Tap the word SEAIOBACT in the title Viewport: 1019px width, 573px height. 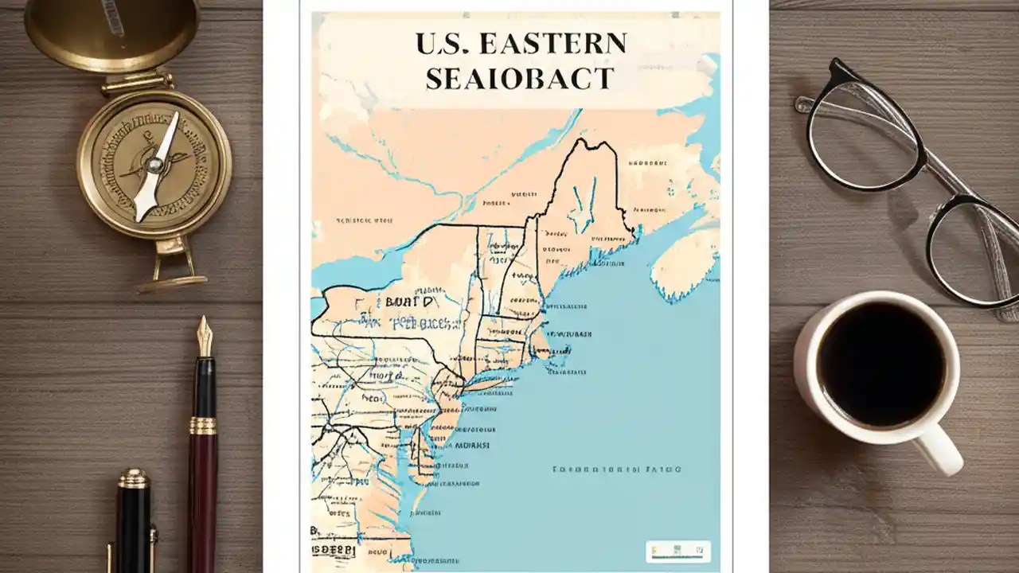[x=520, y=79]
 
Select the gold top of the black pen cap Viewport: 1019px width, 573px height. [x=133, y=478]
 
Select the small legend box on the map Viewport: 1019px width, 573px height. [x=677, y=551]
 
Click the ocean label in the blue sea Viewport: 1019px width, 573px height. [x=616, y=470]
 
